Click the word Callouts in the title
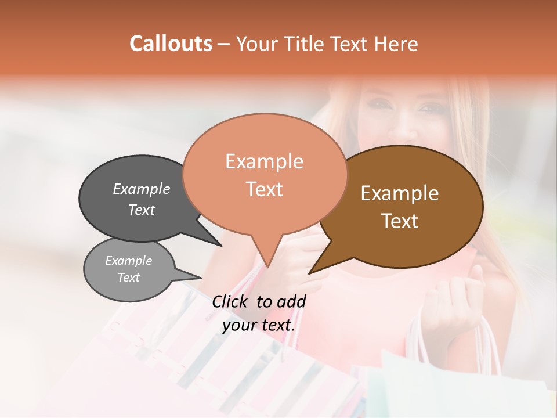(x=171, y=44)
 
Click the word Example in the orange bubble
(x=264, y=161)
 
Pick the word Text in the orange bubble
(x=264, y=189)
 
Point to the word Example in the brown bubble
(x=400, y=193)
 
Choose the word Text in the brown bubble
(x=400, y=221)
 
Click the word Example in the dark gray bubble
(x=142, y=189)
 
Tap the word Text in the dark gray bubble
(x=142, y=210)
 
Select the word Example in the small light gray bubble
(x=128, y=261)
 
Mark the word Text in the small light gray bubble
(x=128, y=278)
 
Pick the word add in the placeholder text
(x=291, y=301)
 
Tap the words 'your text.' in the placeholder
(x=259, y=325)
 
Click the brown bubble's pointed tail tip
(x=310, y=273)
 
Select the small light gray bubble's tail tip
(x=201, y=278)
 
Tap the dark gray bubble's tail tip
(x=220, y=246)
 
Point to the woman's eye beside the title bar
(x=430, y=107)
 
